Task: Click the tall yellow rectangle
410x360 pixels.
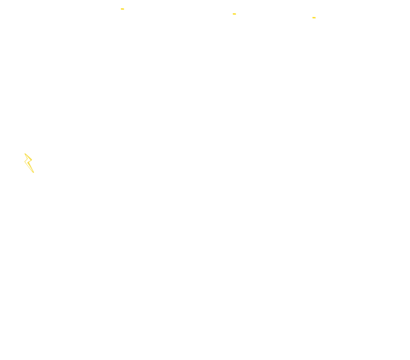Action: pyautogui.click(x=29, y=163)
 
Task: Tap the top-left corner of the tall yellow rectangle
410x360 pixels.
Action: pyautogui.click(x=24, y=153)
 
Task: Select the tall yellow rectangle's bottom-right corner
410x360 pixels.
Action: pyautogui.click(x=34, y=173)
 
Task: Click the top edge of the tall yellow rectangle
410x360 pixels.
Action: pyautogui.click(x=29, y=153)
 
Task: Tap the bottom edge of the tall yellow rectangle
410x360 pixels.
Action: pyautogui.click(x=29, y=173)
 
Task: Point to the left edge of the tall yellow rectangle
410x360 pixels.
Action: pyautogui.click(x=24, y=163)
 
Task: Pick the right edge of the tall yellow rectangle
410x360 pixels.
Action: pyautogui.click(x=34, y=163)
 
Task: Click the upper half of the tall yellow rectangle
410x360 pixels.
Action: pyautogui.click(x=29, y=158)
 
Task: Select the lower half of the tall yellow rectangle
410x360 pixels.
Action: pyautogui.click(x=29, y=168)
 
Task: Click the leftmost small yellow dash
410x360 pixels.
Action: pyautogui.click(x=122, y=9)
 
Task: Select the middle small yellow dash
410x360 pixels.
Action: pyautogui.click(x=234, y=14)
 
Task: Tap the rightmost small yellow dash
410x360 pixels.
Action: pyautogui.click(x=314, y=18)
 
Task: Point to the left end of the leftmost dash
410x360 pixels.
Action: pyautogui.click(x=121, y=9)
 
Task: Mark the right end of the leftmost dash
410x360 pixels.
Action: pyautogui.click(x=124, y=9)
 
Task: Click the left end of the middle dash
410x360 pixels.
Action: pyautogui.click(x=233, y=14)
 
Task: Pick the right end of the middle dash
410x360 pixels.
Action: pyautogui.click(x=236, y=14)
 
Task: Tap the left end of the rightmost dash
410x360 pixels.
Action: pyautogui.click(x=312, y=18)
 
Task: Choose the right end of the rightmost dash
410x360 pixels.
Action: pyautogui.click(x=316, y=18)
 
